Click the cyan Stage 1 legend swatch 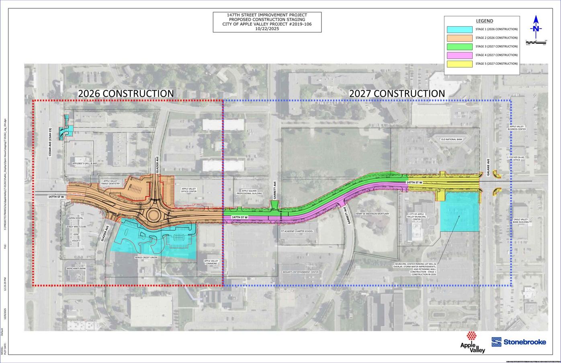459,29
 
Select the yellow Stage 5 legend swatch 459,64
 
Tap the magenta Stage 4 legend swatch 459,55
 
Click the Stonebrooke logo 519,342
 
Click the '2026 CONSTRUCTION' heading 126,93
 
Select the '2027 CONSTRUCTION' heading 397,93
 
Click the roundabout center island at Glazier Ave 154,215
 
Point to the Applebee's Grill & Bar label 84,164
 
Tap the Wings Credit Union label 146,257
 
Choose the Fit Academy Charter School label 297,231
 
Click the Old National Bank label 451,139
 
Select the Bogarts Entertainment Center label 300,272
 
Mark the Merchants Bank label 76,269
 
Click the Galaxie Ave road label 489,167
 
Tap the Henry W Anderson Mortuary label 372,214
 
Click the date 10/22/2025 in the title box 267,29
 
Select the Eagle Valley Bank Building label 521,221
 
